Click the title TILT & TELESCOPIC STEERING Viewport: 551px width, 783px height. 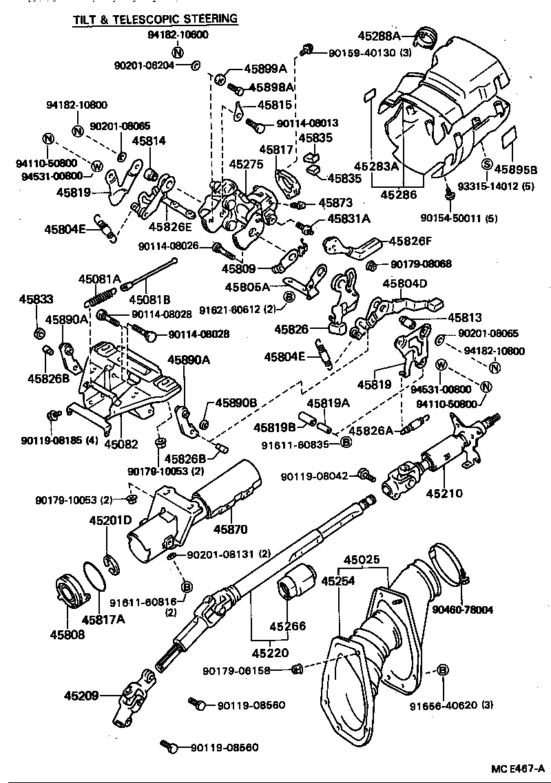tap(155, 19)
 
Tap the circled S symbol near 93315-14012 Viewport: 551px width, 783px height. tap(486, 164)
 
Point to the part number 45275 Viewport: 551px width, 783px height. tap(246, 165)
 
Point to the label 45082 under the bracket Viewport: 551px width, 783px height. tap(121, 444)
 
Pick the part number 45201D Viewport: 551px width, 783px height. tap(110, 520)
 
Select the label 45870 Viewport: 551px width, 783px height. tap(230, 528)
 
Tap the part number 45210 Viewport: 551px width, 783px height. tap(446, 493)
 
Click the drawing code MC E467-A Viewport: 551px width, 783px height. tap(517, 768)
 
